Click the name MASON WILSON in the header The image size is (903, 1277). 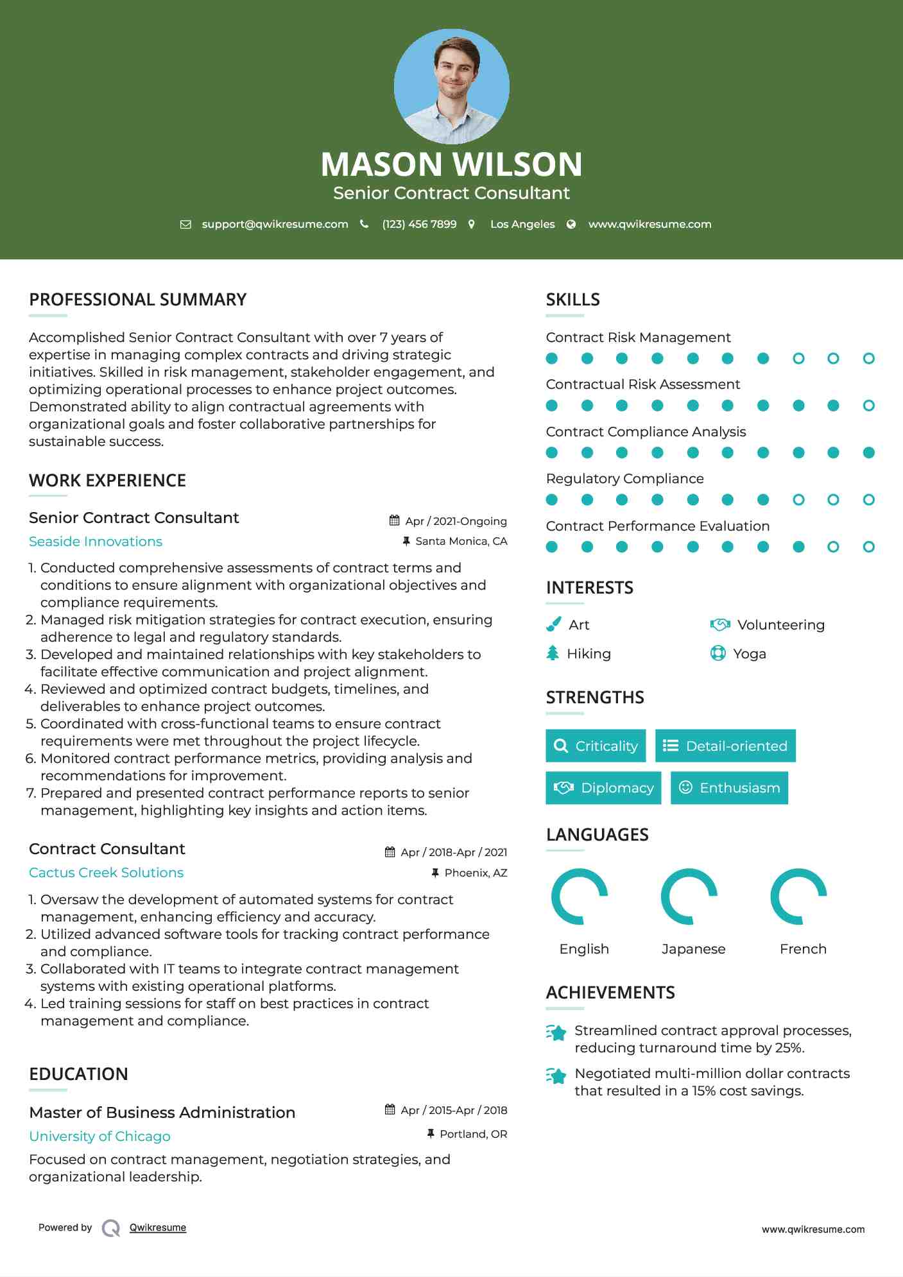451,164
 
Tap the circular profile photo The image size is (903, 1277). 451,86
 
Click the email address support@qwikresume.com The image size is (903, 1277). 275,224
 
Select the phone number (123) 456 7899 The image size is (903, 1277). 419,224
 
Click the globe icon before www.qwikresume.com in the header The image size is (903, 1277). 571,224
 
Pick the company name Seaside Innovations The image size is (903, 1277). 96,542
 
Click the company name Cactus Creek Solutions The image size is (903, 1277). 107,873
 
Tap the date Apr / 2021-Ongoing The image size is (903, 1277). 456,521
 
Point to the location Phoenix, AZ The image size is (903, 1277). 476,873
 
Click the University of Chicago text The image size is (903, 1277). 100,1136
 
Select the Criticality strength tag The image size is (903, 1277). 596,746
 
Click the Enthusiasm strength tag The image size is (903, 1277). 729,788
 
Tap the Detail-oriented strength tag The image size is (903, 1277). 725,746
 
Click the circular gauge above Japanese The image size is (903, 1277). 689,896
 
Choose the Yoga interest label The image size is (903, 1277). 750,654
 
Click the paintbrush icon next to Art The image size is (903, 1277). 553,624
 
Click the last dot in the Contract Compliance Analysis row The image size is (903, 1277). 868,453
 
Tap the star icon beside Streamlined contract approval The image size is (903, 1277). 556,1033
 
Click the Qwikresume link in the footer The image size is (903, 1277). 158,1228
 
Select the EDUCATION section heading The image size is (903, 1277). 79,1074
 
